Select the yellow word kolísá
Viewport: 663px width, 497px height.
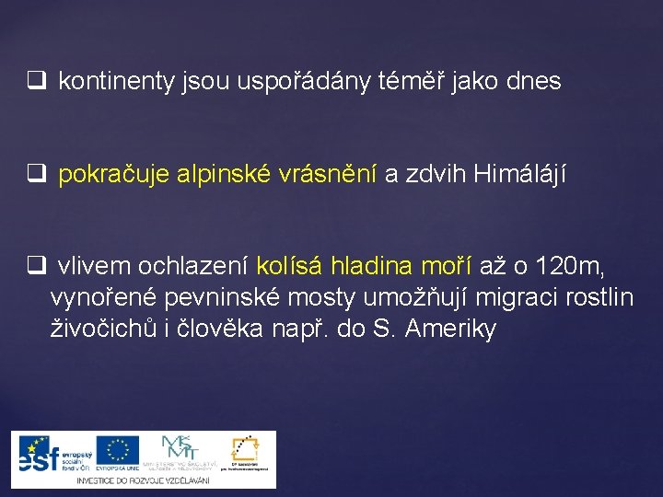tap(289, 268)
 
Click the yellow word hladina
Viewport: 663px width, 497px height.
tap(371, 268)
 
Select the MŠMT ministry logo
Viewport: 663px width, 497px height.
tap(180, 450)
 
